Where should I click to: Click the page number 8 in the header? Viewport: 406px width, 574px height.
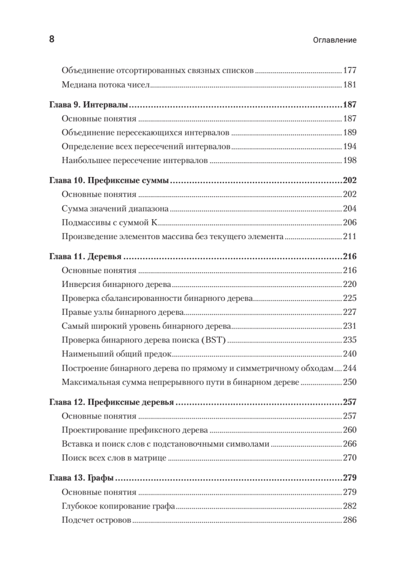click(52, 39)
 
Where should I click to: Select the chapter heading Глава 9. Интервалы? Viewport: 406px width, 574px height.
click(91, 105)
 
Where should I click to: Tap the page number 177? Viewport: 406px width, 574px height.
click(350, 70)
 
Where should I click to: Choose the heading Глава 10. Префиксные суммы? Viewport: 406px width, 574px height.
click(110, 181)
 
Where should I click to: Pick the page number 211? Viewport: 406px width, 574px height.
click(350, 236)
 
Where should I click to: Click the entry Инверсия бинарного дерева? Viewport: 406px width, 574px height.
click(117, 284)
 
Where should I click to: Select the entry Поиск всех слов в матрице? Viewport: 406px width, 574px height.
click(114, 458)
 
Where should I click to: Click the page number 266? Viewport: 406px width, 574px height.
click(350, 444)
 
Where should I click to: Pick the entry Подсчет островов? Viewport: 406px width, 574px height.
click(96, 520)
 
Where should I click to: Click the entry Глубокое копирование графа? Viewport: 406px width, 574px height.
click(118, 506)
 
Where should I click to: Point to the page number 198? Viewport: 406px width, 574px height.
click(350, 161)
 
